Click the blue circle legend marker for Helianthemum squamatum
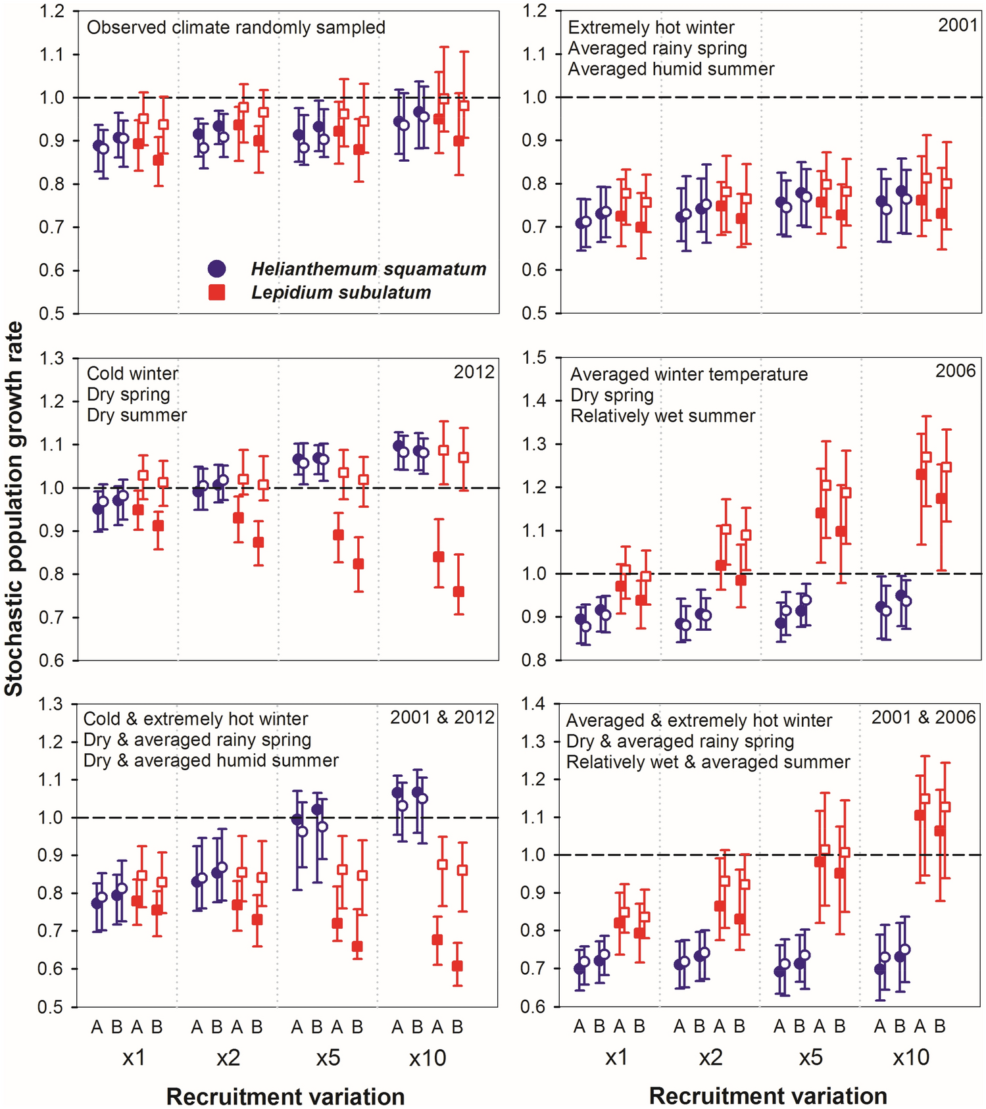point(216,268)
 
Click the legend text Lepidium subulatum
point(341,293)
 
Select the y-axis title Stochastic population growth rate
point(14,508)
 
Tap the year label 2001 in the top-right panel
point(957,26)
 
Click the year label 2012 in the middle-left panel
point(474,372)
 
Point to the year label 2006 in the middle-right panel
point(955,371)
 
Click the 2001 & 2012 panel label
point(442,717)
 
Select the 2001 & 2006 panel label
point(923,717)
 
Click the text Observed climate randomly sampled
point(236,28)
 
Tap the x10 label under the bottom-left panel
point(428,1058)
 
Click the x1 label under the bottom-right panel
point(616,1058)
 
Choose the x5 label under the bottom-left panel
point(328,1058)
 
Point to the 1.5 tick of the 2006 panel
point(533,358)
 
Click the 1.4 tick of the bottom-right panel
point(533,704)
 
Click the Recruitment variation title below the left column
point(285,1097)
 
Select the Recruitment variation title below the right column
point(768,1096)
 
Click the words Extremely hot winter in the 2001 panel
point(651,28)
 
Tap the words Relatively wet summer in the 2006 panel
point(662,416)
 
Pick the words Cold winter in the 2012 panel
point(132,374)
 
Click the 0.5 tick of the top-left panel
point(51,314)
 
